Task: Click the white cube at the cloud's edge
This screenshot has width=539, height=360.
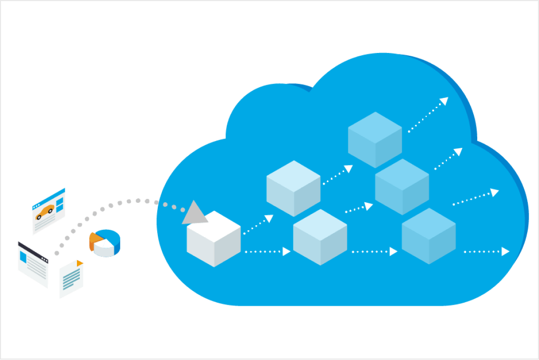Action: (214, 239)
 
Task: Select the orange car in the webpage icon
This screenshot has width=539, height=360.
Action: (45, 212)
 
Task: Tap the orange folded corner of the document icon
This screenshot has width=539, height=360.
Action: (79, 264)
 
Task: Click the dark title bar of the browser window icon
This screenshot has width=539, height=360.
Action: (33, 250)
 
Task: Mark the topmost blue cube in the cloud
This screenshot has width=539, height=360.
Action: (375, 140)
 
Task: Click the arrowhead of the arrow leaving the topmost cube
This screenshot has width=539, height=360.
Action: (444, 101)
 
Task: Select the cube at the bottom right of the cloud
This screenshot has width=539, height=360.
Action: (429, 236)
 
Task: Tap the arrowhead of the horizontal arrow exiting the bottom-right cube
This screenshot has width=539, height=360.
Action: (505, 252)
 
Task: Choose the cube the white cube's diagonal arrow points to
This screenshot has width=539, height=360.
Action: (293, 189)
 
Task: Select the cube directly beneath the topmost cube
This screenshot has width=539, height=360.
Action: (402, 187)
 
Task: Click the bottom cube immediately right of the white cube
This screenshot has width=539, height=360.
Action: (320, 237)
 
